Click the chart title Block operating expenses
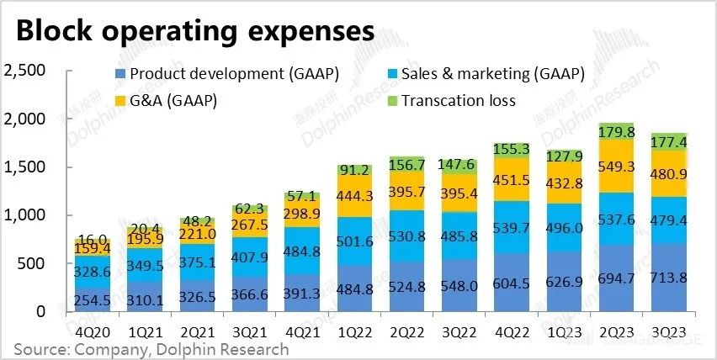pyautogui.click(x=194, y=31)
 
